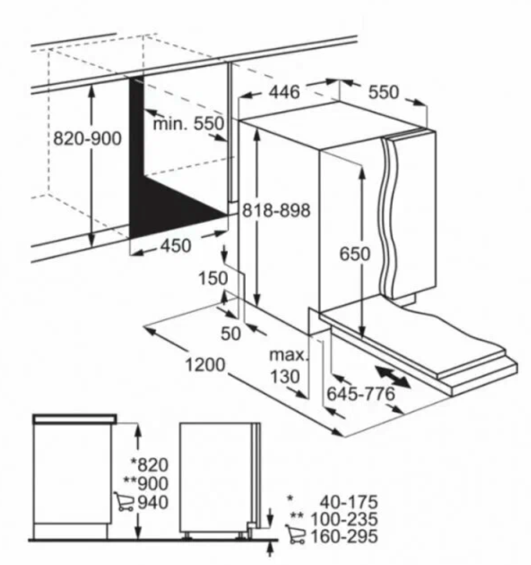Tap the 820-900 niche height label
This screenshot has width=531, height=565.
pos(87,139)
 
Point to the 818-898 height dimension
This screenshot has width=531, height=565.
pos(276,211)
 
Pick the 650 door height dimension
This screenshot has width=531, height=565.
pos(355,254)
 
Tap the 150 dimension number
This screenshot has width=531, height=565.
pos(213,278)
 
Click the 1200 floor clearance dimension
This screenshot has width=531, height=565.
pos(205,364)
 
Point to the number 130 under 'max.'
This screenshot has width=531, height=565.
pos(285,376)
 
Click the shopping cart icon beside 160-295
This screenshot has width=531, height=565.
pos(296,534)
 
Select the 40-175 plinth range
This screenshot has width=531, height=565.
pos(349,502)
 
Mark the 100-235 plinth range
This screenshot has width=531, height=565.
pos(344,519)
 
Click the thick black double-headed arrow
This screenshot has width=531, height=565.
pos(393,377)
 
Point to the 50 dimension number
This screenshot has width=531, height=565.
pos(230,333)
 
